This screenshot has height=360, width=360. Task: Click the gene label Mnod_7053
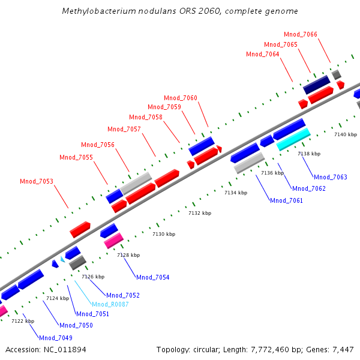tap(37, 181)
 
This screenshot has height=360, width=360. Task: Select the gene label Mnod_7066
tap(301, 35)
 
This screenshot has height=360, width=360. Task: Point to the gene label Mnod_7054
tap(152, 277)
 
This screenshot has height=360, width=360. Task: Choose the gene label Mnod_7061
tap(286, 200)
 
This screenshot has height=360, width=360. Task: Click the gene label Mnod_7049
tap(56, 338)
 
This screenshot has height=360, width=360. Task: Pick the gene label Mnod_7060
tap(181, 98)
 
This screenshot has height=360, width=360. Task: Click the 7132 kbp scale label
tap(200, 213)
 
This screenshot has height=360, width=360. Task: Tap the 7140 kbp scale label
tap(345, 134)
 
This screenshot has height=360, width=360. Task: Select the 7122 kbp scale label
tap(23, 321)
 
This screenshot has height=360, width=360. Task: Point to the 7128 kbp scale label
tap(128, 255)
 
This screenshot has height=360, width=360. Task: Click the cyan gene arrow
tap(293, 139)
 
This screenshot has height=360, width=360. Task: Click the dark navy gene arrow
tap(316, 85)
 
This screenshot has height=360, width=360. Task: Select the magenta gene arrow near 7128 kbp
tap(113, 241)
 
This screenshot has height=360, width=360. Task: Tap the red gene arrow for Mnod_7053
tap(80, 229)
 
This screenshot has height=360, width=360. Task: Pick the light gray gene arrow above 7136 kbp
tap(249, 163)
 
